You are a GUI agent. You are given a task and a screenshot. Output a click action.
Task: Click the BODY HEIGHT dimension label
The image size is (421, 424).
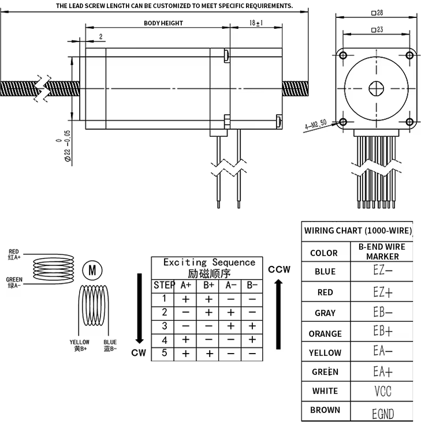tap(163, 23)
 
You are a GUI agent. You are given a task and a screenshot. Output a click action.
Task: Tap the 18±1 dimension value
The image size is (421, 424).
tap(256, 22)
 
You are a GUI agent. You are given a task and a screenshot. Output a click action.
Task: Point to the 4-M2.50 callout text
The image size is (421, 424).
tap(315, 124)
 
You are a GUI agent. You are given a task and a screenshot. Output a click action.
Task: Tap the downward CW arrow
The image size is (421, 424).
tap(139, 308)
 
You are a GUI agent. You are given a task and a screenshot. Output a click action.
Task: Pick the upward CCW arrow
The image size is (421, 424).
tap(279, 312)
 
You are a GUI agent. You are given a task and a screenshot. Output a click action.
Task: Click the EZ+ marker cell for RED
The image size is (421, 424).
tap(383, 292)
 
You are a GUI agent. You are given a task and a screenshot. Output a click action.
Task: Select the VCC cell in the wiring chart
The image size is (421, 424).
tap(383, 391)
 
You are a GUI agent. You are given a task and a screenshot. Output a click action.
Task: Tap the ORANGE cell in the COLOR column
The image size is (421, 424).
tap(325, 333)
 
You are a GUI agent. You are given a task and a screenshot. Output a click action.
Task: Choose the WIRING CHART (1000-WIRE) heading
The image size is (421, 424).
tap(358, 231)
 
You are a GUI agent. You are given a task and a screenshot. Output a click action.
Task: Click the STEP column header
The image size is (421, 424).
tap(164, 285)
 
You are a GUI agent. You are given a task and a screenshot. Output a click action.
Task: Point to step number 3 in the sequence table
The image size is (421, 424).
tap(164, 326)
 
